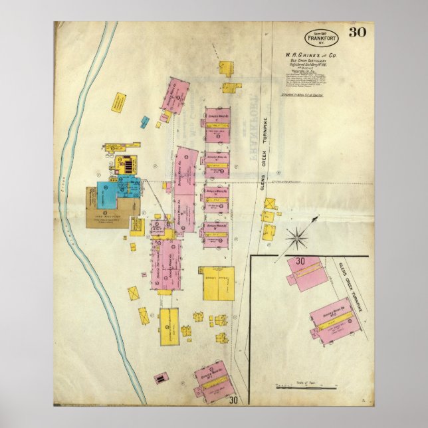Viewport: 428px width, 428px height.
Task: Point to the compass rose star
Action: pos(296,237)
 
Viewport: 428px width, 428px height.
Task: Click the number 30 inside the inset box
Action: pos(300,261)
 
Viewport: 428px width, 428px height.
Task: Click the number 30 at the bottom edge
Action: pos(233,400)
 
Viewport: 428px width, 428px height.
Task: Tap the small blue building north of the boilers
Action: pos(145,122)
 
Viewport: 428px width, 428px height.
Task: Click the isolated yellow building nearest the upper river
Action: pos(120,101)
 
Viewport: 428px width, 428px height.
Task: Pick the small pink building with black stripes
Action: pos(160,379)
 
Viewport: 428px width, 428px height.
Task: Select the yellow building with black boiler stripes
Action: pos(125,163)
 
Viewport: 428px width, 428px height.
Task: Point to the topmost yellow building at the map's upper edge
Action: pos(226,67)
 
